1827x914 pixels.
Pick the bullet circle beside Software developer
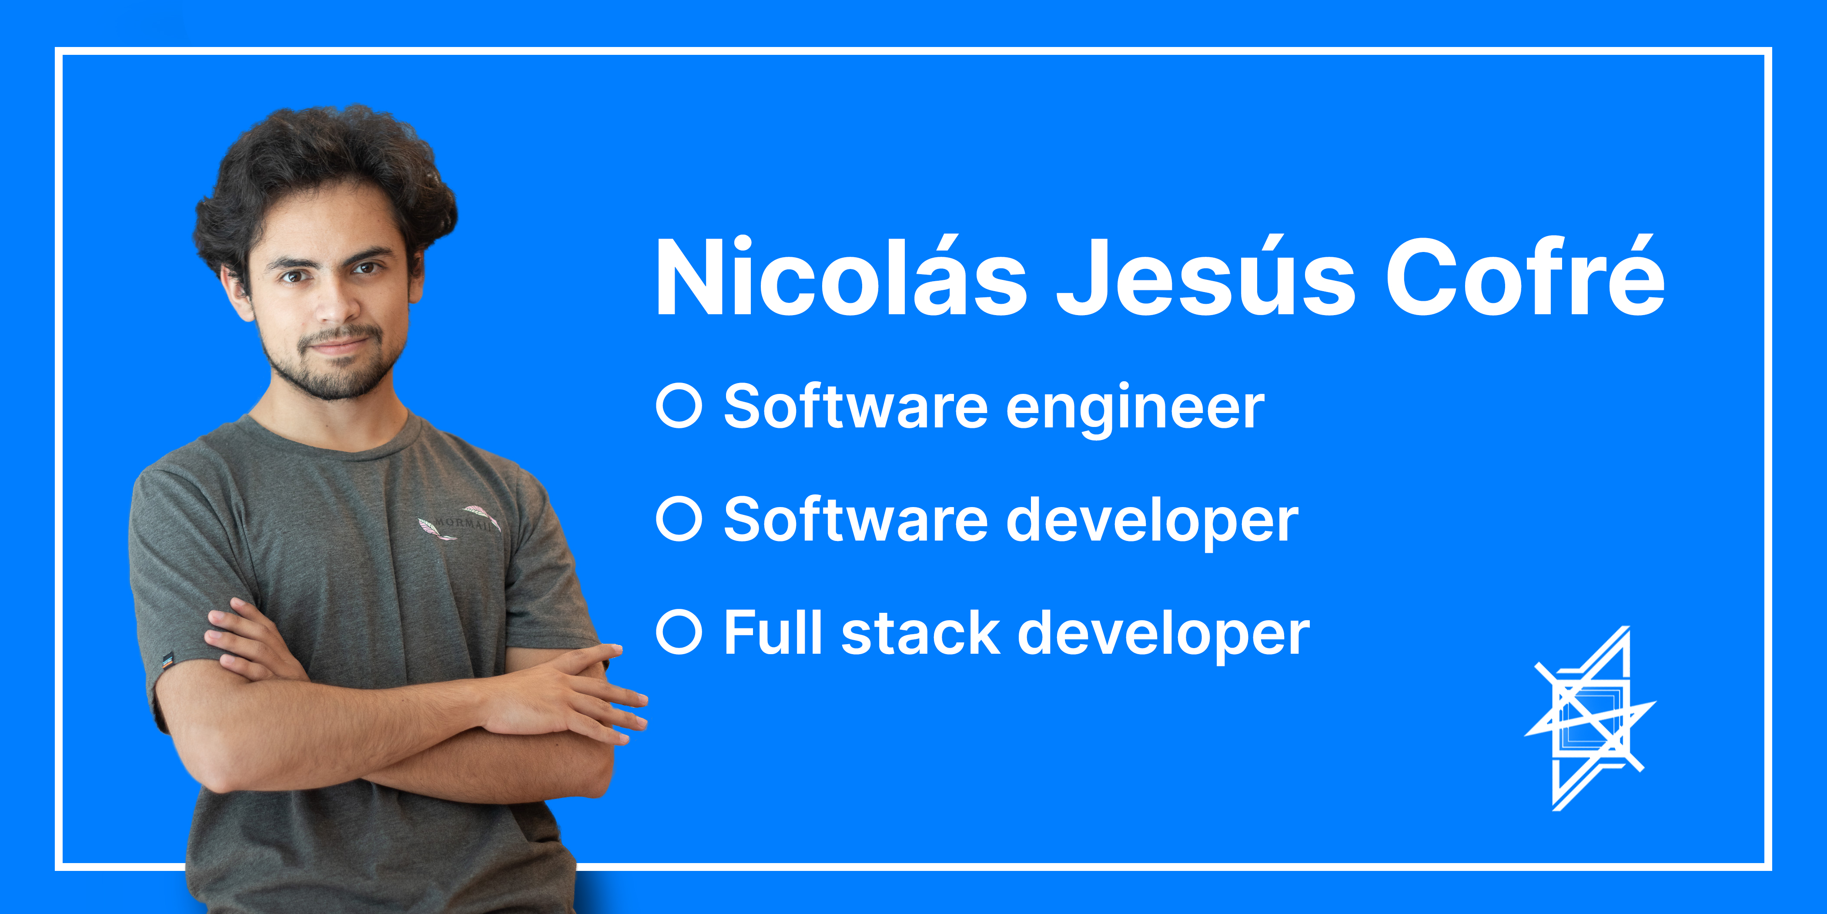click(679, 519)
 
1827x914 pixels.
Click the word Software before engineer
click(855, 407)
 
